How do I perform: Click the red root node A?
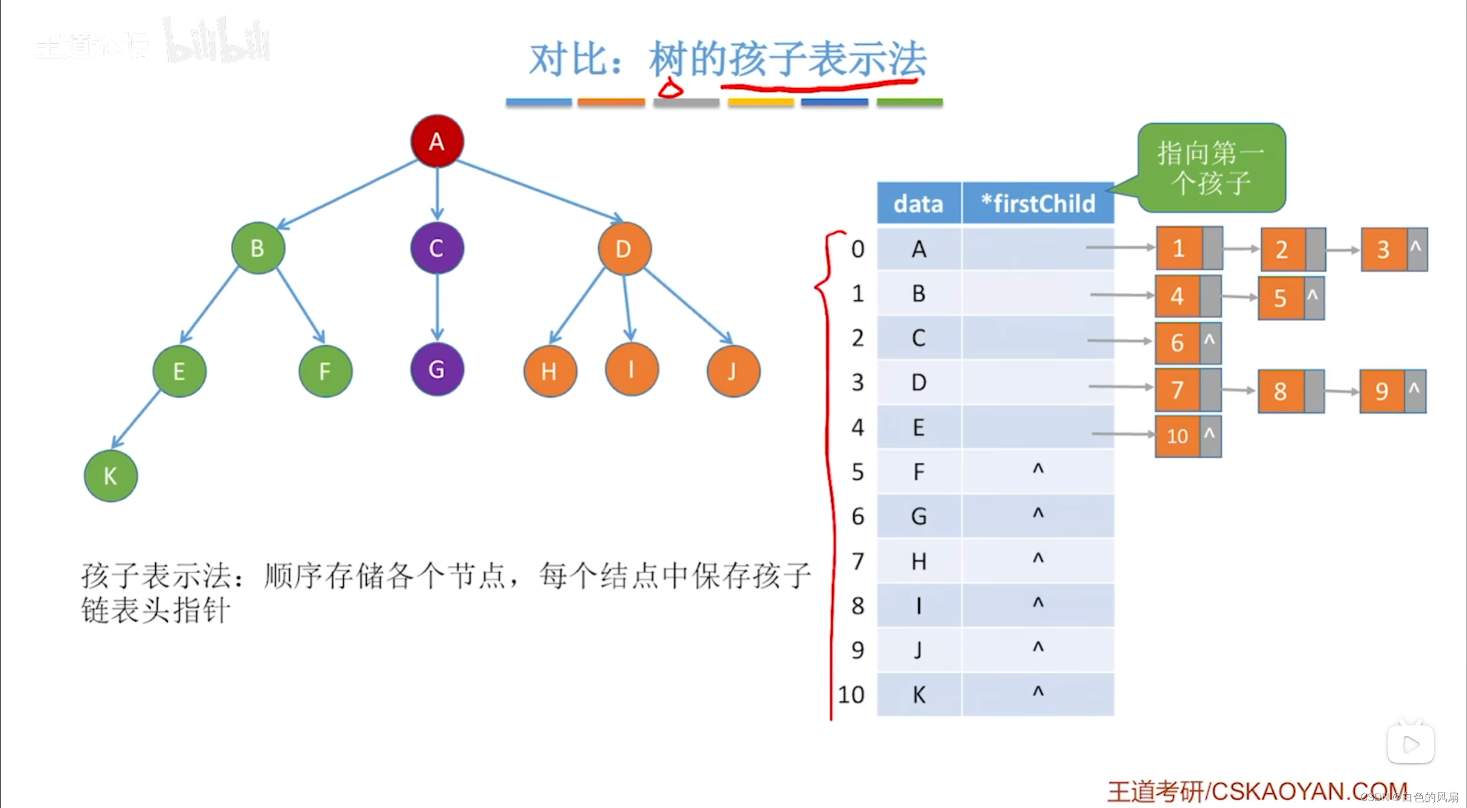[437, 141]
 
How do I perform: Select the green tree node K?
[111, 475]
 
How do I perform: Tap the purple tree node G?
[437, 369]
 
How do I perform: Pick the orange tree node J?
[733, 371]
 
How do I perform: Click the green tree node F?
[325, 371]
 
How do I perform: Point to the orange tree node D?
[624, 248]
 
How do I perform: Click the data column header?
[918, 204]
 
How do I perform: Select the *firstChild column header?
[1038, 204]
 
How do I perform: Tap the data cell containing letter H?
[919, 561]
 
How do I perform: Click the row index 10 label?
[851, 694]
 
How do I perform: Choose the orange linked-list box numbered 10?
[1177, 436]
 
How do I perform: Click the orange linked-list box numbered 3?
[1383, 249]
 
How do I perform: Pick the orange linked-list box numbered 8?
[1280, 392]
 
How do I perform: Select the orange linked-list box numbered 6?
[1177, 343]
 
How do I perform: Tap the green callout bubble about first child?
[1211, 167]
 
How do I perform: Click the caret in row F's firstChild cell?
[1038, 469]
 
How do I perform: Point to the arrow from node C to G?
[437, 307]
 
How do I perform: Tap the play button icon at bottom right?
[1410, 744]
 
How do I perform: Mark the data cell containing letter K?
[919, 694]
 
